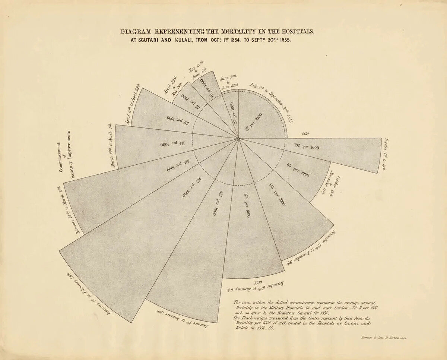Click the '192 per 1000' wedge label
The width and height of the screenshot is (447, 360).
pyautogui.click(x=307, y=147)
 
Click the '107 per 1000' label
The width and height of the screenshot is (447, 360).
pyautogui.click(x=177, y=120)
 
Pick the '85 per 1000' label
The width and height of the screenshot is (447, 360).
pyautogui.click(x=298, y=170)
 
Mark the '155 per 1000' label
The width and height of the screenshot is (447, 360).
pyautogui.click(x=277, y=194)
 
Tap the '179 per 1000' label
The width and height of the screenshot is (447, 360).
pyautogui.click(x=247, y=205)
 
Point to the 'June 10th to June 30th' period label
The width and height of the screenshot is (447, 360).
pyautogui.click(x=229, y=82)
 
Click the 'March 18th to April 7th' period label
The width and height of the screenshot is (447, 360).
pyautogui.click(x=110, y=145)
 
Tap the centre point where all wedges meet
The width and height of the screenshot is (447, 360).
pyautogui.click(x=238, y=139)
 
